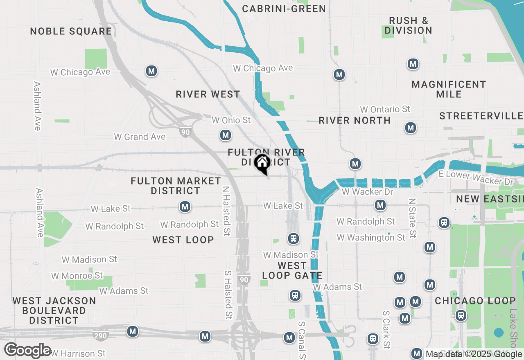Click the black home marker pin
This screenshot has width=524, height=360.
(262, 163)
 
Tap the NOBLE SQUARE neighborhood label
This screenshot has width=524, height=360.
(71, 32)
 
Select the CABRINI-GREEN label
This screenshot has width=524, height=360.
(284, 9)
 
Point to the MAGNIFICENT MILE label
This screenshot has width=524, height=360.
(449, 89)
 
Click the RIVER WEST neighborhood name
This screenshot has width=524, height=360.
(208, 94)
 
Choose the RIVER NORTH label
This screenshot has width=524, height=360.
(355, 120)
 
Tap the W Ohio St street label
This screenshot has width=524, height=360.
(230, 120)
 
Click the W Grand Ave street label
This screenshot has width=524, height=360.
(140, 137)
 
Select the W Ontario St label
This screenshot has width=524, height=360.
(385, 109)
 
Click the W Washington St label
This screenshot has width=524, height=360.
(371, 237)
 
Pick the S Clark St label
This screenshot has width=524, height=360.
(386, 330)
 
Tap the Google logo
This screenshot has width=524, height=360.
(27, 351)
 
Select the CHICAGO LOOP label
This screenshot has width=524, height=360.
(475, 301)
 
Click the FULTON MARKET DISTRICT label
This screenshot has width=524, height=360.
(176, 186)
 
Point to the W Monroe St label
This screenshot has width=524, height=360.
(77, 276)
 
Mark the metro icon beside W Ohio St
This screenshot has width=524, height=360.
(225, 135)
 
